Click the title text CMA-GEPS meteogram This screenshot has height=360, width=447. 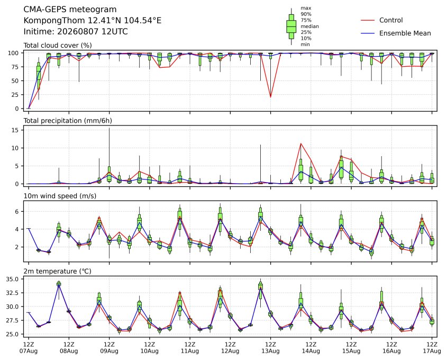(x=70, y=10)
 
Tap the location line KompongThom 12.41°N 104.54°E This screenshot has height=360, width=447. (x=93, y=21)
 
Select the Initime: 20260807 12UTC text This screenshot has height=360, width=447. (x=76, y=31)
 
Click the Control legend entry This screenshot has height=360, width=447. (x=382, y=20)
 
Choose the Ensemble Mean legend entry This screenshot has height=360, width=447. (x=396, y=33)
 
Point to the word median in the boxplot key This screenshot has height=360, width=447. (x=309, y=26)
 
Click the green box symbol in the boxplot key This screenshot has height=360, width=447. (x=291, y=26)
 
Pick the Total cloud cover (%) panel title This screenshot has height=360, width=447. (x=58, y=46)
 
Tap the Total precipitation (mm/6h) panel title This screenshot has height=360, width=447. (x=68, y=121)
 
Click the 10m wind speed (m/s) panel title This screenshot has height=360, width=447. (x=60, y=196)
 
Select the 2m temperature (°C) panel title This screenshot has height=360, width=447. (x=57, y=271)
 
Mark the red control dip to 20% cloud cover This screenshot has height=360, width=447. (x=270, y=97)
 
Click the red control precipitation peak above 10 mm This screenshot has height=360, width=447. (x=301, y=143)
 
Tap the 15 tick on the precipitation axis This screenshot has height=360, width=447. (x=16, y=130)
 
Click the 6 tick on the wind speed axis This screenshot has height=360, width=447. (x=17, y=212)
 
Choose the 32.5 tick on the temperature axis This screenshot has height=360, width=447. (x=13, y=293)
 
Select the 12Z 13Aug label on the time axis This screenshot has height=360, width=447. (x=270, y=348)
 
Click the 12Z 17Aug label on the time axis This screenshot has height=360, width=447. (x=432, y=348)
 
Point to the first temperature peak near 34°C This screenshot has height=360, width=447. (x=59, y=284)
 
